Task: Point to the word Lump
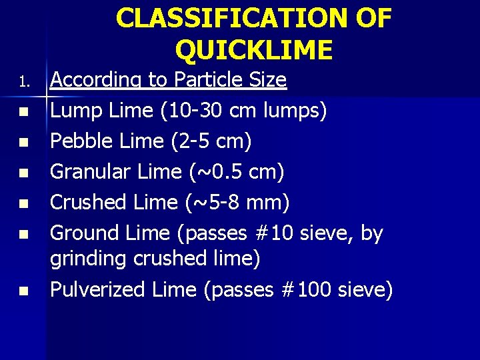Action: coord(71,111)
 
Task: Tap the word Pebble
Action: coord(79,141)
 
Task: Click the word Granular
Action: coord(91,172)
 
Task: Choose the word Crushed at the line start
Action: coord(89,203)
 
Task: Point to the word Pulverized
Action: coord(98,290)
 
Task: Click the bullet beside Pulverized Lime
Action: coord(23,291)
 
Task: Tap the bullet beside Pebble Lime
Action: coord(23,143)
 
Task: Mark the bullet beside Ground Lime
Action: coord(23,235)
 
